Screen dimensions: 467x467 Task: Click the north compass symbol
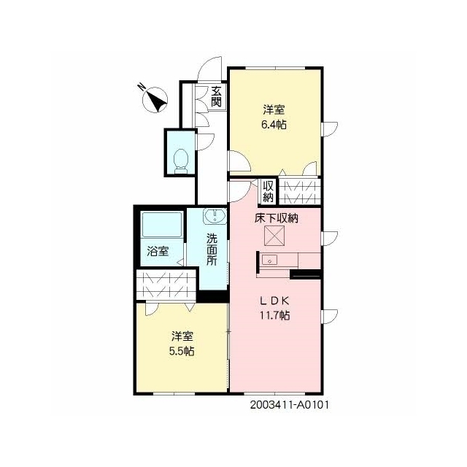click(x=155, y=99)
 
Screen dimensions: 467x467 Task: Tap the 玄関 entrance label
click(x=216, y=96)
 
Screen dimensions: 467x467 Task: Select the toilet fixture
click(x=181, y=161)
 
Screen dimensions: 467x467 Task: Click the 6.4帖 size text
click(x=274, y=124)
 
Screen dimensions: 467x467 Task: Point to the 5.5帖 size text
click(x=182, y=351)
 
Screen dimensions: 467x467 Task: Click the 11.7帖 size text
click(x=275, y=314)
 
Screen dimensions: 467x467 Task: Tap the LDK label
click(x=274, y=301)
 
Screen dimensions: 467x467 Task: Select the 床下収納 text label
click(x=276, y=218)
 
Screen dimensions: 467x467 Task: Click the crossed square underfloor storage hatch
click(x=274, y=236)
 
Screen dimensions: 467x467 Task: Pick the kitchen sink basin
click(x=269, y=260)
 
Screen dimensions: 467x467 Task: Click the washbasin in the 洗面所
click(x=215, y=216)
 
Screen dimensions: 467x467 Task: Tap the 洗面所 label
click(x=212, y=249)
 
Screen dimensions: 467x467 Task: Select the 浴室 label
click(x=158, y=251)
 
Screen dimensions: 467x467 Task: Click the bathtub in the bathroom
click(x=162, y=225)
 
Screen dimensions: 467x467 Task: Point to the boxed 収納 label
click(x=268, y=191)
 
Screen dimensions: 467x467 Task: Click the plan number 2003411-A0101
click(x=290, y=405)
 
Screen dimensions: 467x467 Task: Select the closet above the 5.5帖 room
click(x=166, y=285)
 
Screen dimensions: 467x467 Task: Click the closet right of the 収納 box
click(x=300, y=191)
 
